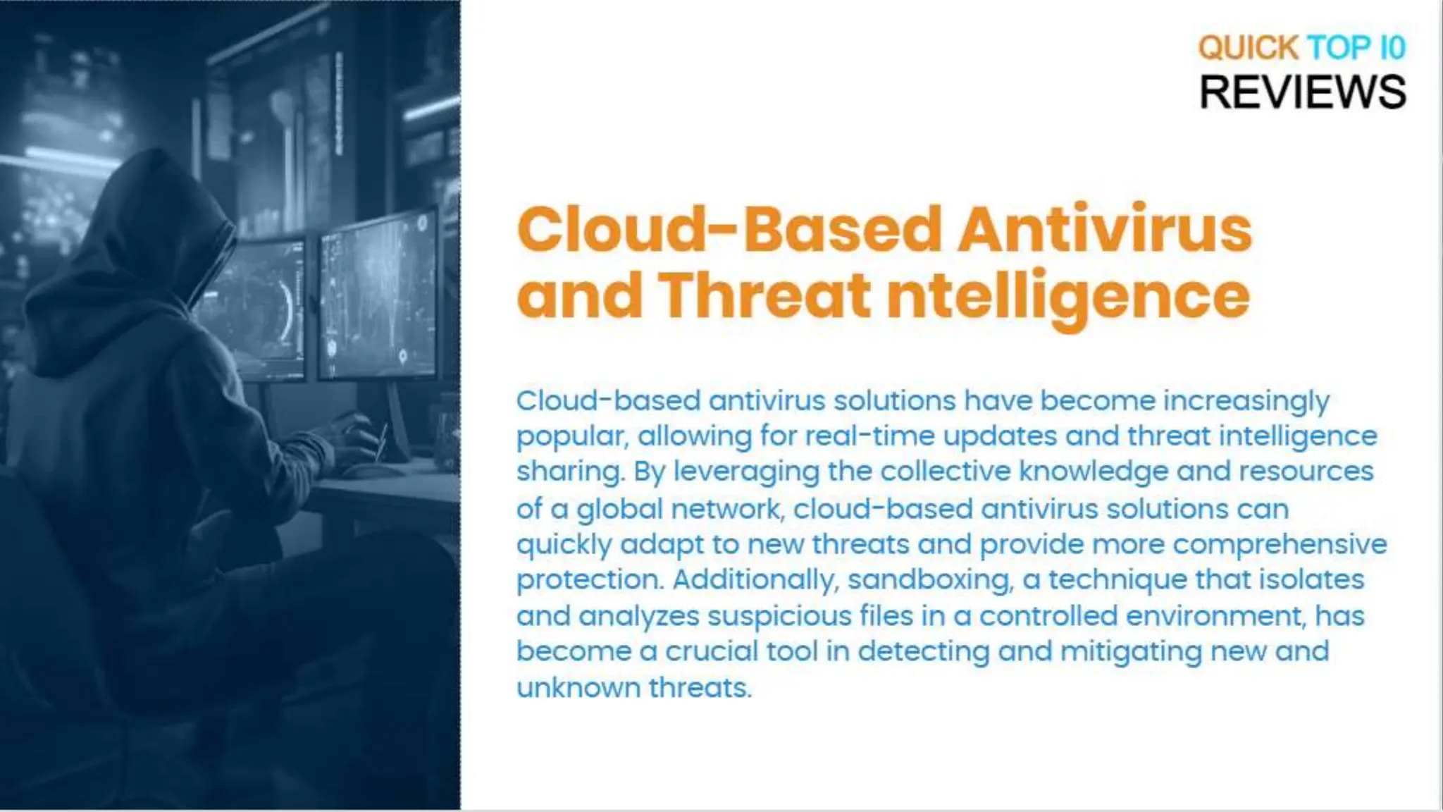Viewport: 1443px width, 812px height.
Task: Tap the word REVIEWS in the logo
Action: pos(1302,92)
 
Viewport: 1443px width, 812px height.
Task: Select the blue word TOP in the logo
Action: pos(1339,48)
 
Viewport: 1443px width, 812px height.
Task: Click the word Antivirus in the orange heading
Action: pos(1104,230)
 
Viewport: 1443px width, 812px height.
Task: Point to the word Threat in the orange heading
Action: pos(764,295)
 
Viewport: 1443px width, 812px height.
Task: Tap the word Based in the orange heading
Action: pos(842,230)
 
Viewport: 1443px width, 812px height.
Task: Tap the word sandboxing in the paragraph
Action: pos(930,580)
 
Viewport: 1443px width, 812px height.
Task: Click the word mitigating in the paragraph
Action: pos(1131,652)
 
